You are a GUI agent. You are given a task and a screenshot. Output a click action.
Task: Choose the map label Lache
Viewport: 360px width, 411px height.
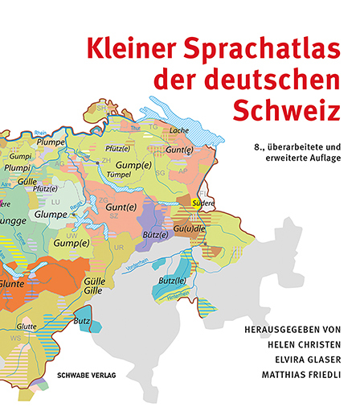(178, 129)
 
